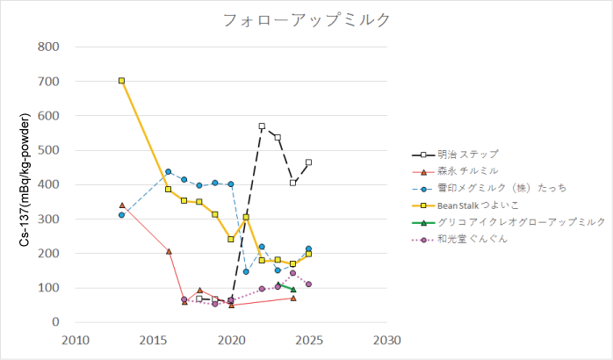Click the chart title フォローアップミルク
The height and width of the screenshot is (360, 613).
[x=306, y=19]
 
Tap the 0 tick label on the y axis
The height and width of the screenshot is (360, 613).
[x=54, y=322]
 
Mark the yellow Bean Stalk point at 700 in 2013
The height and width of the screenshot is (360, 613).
[x=122, y=81]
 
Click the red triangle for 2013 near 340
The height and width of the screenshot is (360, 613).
[x=122, y=205]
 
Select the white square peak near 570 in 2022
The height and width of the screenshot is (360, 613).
[x=262, y=126]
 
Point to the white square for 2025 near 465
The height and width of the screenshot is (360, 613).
[x=308, y=162]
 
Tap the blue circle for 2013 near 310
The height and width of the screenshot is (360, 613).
[x=122, y=215]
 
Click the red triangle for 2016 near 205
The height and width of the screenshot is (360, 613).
[x=169, y=251]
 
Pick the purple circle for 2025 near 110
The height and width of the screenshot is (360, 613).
[x=308, y=284]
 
